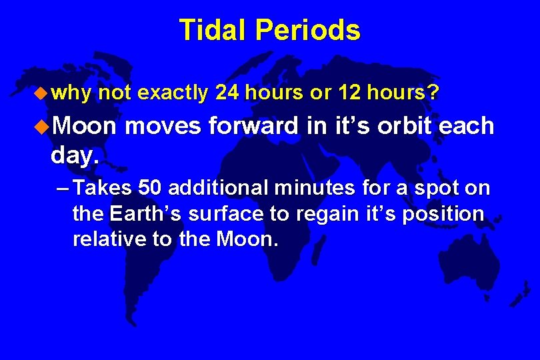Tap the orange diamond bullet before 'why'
pos(41,93)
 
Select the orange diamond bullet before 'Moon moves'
pos(42,127)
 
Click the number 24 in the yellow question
pos(227,92)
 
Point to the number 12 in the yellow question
pos(349,92)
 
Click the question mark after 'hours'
pos(433,92)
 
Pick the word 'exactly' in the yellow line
pos(173,93)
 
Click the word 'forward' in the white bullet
pos(253,125)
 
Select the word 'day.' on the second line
pos(75,155)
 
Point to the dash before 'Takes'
pos(63,189)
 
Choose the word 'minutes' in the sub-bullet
pos(315,188)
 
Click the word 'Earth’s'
pos(145,213)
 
